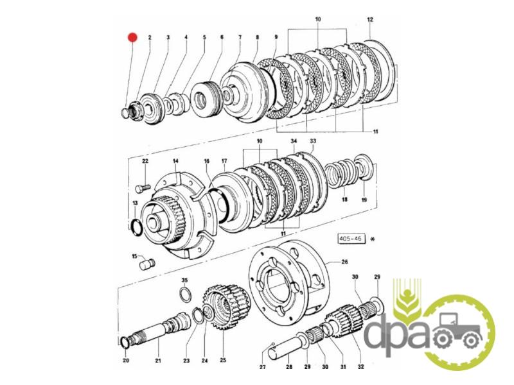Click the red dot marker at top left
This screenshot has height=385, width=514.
point(132,37)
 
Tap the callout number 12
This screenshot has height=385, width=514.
point(370,20)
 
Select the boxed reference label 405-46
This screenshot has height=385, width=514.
point(351,239)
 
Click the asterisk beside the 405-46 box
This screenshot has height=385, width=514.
point(372,239)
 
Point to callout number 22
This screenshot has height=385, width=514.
point(145,161)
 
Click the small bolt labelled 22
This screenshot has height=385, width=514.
point(143,189)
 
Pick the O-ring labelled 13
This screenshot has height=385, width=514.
point(136,226)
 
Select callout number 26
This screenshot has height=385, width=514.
point(344,262)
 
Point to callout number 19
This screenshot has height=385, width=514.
point(364,200)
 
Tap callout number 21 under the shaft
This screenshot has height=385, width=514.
point(158,361)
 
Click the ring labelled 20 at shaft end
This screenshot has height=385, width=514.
point(125,342)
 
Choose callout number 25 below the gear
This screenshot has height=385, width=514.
point(223,360)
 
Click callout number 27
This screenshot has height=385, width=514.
point(262,367)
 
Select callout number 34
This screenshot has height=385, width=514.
point(294,141)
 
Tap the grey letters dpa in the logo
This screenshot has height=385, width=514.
point(396,333)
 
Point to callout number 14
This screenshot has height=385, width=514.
point(175,161)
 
